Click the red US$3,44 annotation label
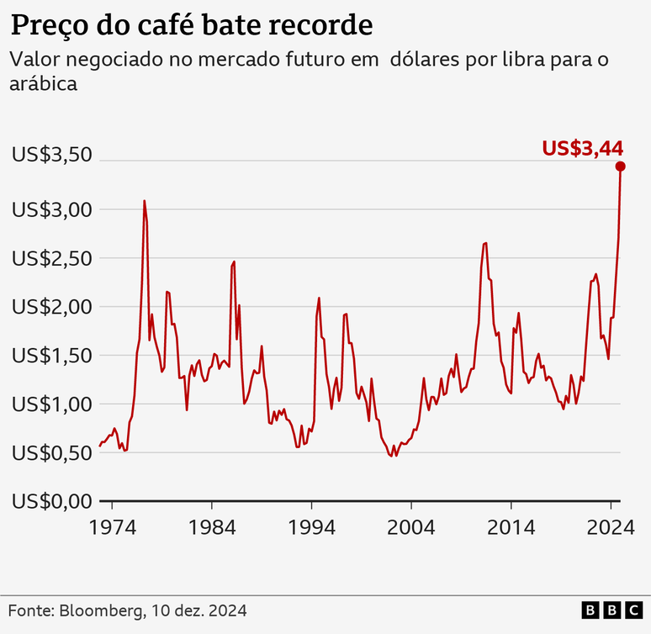point(582,148)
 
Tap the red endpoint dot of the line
point(621,166)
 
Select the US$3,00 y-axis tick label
point(50,209)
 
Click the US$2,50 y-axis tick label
point(50,258)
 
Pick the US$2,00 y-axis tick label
point(50,307)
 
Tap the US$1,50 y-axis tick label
point(50,356)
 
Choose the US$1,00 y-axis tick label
point(50,404)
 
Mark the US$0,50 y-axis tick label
point(50,453)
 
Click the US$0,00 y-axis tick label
point(50,502)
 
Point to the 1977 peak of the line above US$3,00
point(144,201)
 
